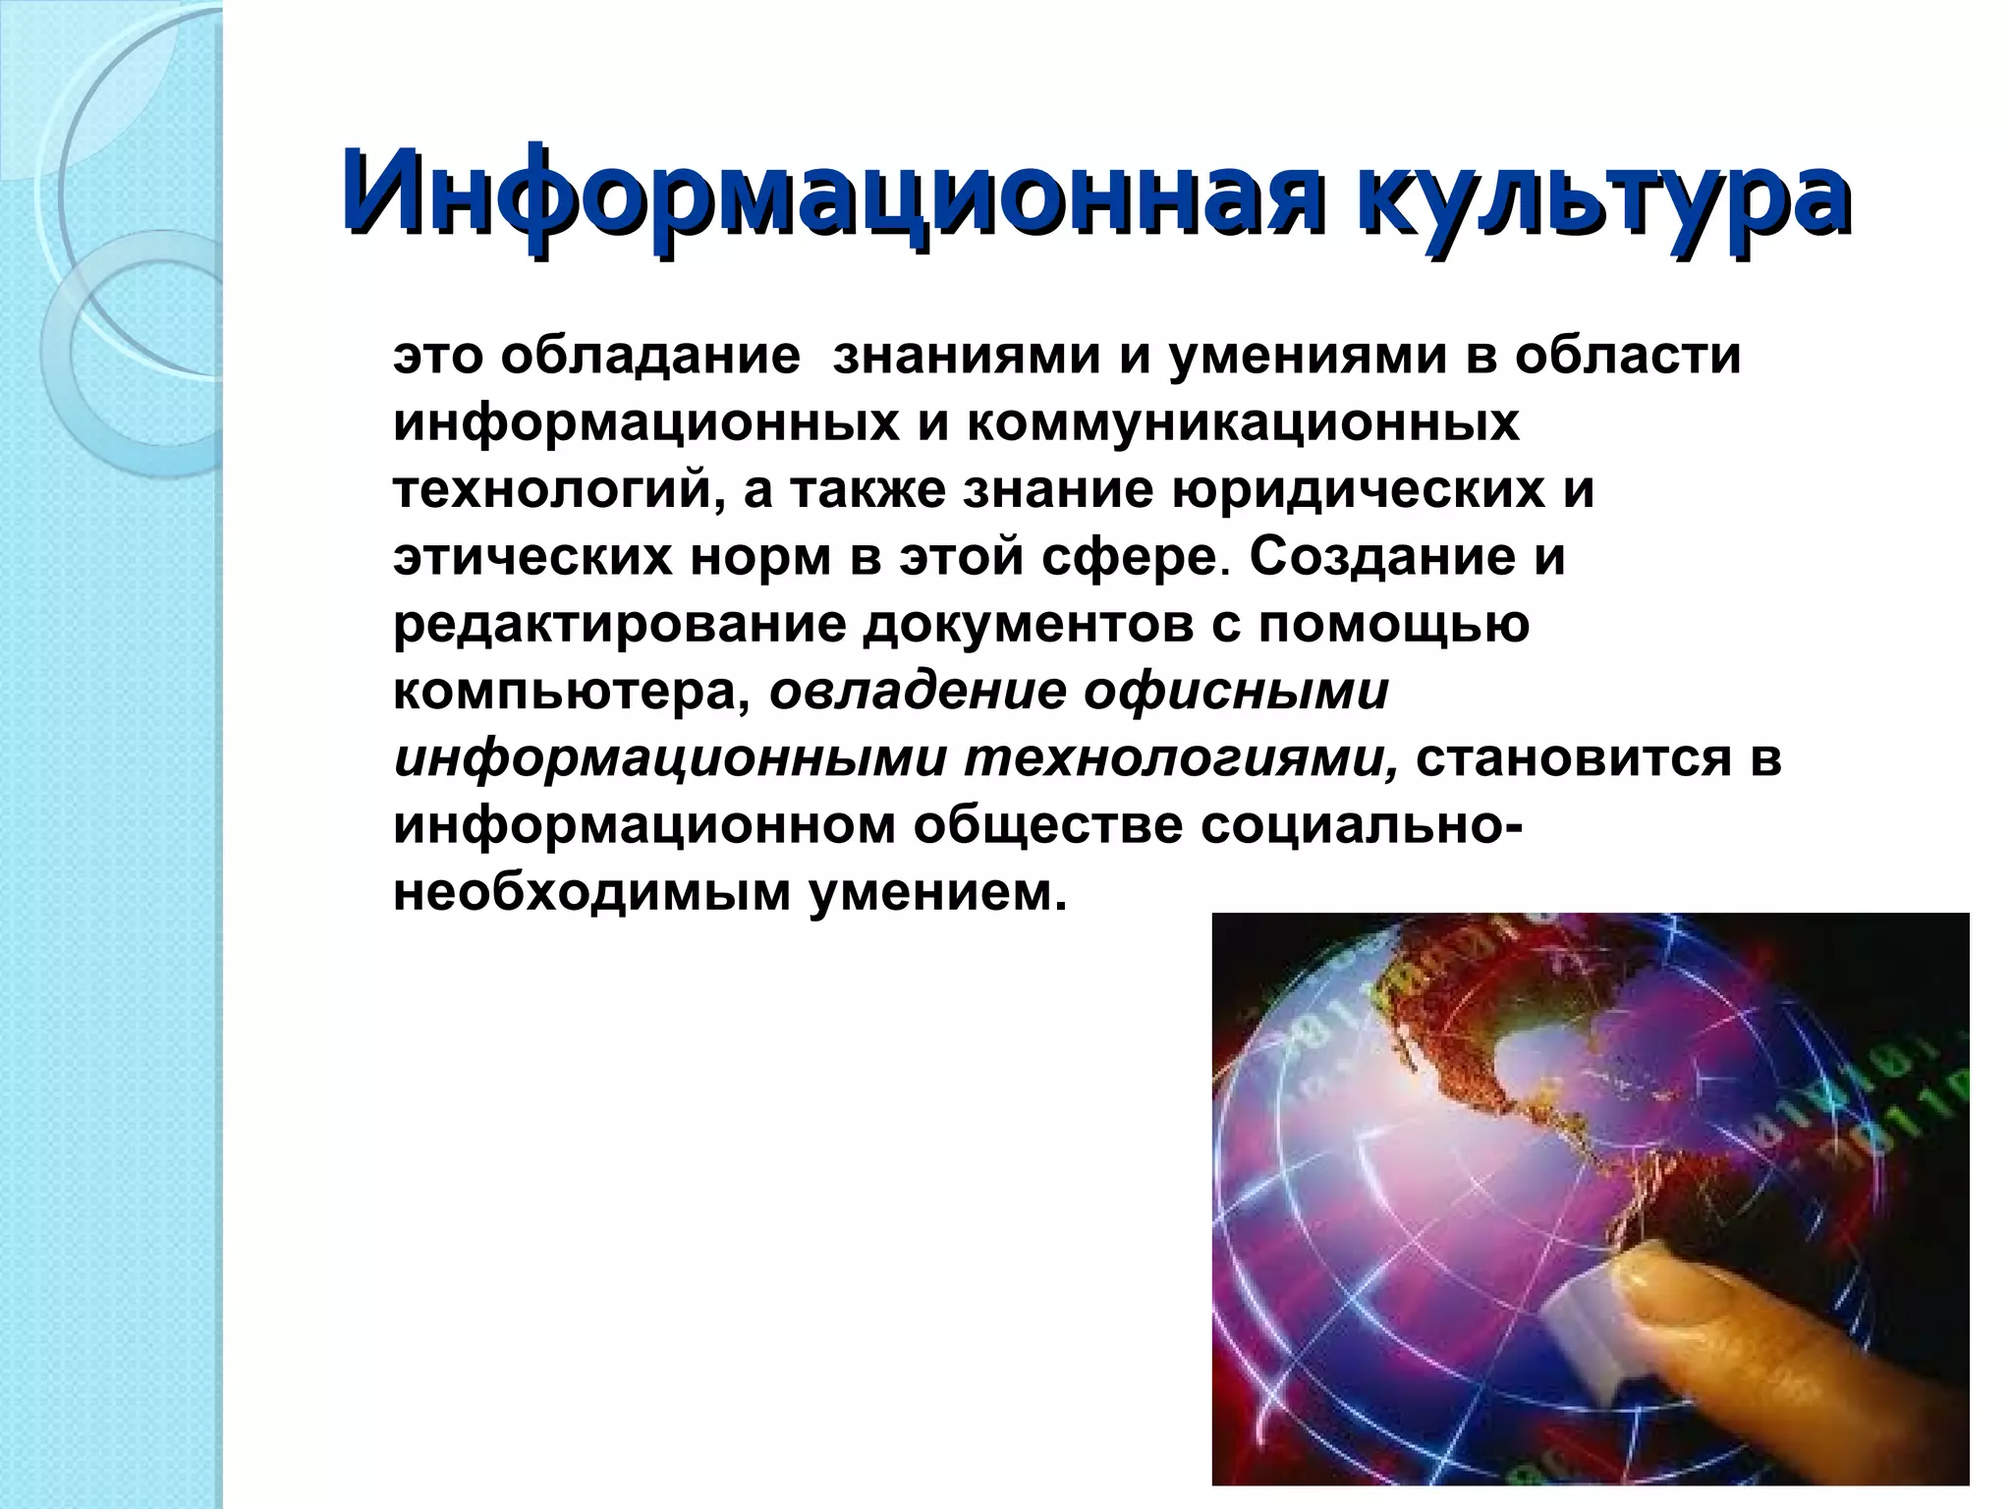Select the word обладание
click(649, 356)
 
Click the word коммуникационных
click(1243, 422)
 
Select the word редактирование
click(619, 624)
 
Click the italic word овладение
click(918, 692)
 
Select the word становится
click(1572, 759)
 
